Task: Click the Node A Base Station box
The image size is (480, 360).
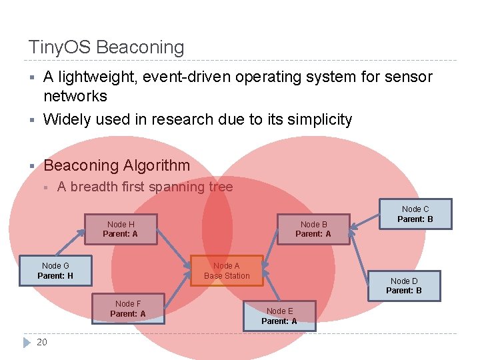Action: tap(227, 270)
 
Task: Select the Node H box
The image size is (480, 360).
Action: tap(121, 229)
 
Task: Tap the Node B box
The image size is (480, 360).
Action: tap(313, 229)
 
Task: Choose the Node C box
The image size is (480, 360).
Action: tap(415, 214)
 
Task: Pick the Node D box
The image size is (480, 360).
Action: tap(404, 285)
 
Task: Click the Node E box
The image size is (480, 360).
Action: tap(279, 316)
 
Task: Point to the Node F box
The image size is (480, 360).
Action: tap(128, 308)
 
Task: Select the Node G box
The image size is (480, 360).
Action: tap(55, 271)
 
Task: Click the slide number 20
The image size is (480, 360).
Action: tap(42, 342)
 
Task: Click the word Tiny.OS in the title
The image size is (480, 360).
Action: tap(59, 47)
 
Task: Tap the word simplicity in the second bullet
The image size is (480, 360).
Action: tap(319, 119)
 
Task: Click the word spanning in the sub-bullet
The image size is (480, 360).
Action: tap(176, 187)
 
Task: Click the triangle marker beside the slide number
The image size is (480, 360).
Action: tap(27, 342)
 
